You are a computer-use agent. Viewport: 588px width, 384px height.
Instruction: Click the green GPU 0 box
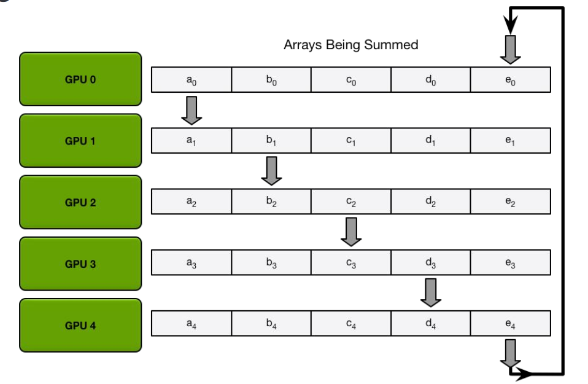pos(80,79)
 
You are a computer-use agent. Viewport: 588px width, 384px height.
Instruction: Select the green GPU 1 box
pos(80,141)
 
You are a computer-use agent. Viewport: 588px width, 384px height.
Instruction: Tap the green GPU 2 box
pos(80,202)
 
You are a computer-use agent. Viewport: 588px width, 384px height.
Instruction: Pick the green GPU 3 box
pos(80,264)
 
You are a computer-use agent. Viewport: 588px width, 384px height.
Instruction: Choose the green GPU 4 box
pos(80,325)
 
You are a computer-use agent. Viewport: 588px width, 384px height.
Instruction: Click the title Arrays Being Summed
pos(350,45)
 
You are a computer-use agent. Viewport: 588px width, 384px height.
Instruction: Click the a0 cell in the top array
pos(191,79)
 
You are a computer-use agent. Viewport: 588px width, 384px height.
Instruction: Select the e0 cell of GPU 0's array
pos(510,79)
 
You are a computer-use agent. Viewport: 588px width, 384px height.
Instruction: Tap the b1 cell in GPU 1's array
pos(271,141)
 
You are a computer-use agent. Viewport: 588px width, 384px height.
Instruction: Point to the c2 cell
pos(351,202)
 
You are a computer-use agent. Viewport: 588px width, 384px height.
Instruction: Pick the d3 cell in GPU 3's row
pos(431,264)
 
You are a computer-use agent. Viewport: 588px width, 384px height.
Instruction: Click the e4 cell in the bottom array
pos(510,325)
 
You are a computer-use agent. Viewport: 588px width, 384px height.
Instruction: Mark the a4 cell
pos(191,325)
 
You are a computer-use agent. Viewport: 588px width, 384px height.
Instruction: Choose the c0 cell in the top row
pos(351,79)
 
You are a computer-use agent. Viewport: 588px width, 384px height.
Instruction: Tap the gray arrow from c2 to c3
pos(351,232)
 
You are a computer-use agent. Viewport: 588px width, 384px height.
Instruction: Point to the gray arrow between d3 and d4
pos(431,292)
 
